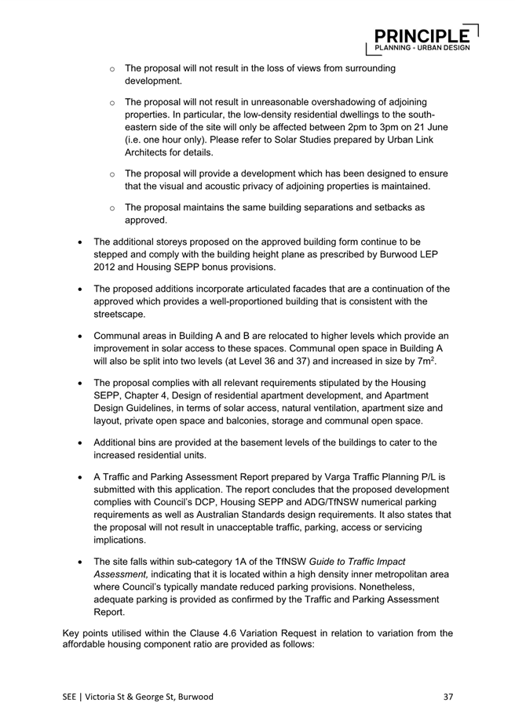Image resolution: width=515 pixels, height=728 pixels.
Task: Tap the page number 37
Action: (x=448, y=696)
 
